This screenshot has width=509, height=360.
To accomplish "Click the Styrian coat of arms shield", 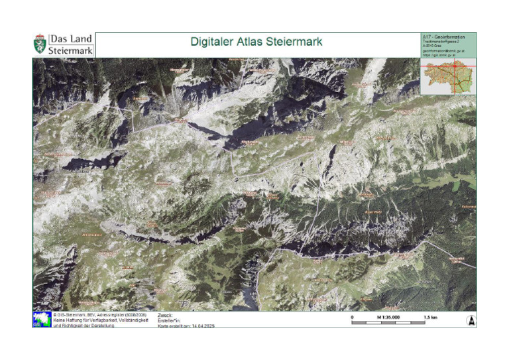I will point(40,45).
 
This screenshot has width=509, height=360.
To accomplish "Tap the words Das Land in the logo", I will point(71,39).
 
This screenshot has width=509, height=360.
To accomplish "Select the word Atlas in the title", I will point(253,42).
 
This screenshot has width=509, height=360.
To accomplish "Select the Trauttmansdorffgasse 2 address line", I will point(441,41).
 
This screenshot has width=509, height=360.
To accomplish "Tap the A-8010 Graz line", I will point(431,45).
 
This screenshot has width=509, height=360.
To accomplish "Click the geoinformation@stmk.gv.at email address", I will point(443,50).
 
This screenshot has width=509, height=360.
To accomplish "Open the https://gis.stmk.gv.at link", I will point(439,55).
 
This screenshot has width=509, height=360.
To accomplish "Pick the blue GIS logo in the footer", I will point(41,320).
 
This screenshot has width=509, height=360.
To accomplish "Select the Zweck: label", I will point(165,315).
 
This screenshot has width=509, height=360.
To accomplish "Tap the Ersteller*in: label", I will point(169,320).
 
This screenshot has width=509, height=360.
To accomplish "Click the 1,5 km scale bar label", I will point(431,317).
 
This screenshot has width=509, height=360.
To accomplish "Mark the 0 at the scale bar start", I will point(352,317).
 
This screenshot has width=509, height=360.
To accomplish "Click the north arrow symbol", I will point(471,320).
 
